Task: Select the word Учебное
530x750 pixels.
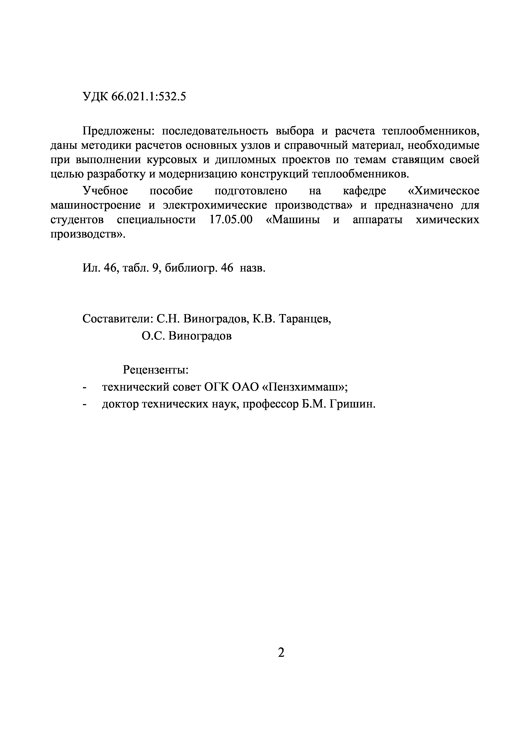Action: pos(105,191)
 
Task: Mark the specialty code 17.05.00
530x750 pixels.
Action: pos(231,220)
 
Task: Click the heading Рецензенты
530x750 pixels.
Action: pos(155,370)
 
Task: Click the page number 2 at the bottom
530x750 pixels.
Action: pos(281,653)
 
